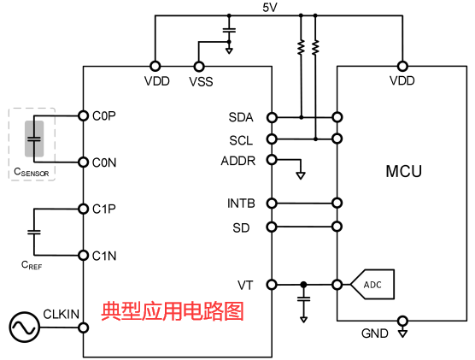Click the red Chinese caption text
(173, 311)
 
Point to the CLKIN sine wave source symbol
(23, 328)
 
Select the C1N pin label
(104, 255)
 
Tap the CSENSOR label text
(31, 173)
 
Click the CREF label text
(32, 265)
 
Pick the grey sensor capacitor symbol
(34, 139)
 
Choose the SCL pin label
(242, 139)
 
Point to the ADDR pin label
(238, 160)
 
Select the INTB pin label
(240, 204)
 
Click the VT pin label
(245, 284)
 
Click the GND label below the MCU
(375, 333)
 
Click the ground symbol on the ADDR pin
(300, 176)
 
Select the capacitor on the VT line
(303, 299)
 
